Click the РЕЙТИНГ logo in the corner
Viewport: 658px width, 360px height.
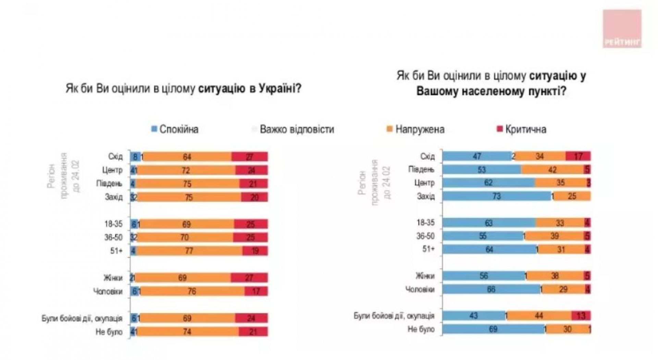(622, 29)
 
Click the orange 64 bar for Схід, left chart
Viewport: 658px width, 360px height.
(187, 157)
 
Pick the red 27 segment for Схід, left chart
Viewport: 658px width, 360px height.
(249, 157)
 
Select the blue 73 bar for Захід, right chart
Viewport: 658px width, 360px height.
(497, 196)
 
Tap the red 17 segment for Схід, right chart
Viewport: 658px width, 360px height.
(578, 156)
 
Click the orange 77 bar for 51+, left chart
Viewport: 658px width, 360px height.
(190, 251)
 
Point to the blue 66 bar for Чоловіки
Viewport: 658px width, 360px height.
(491, 289)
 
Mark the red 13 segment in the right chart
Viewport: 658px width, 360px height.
(581, 315)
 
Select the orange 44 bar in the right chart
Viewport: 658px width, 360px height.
(539, 315)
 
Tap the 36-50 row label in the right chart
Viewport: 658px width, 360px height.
(425, 236)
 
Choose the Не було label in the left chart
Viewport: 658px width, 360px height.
(109, 332)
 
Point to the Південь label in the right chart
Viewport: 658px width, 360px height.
(421, 169)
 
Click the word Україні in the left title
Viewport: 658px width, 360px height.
(280, 89)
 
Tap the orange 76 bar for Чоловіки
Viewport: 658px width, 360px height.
(192, 291)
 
